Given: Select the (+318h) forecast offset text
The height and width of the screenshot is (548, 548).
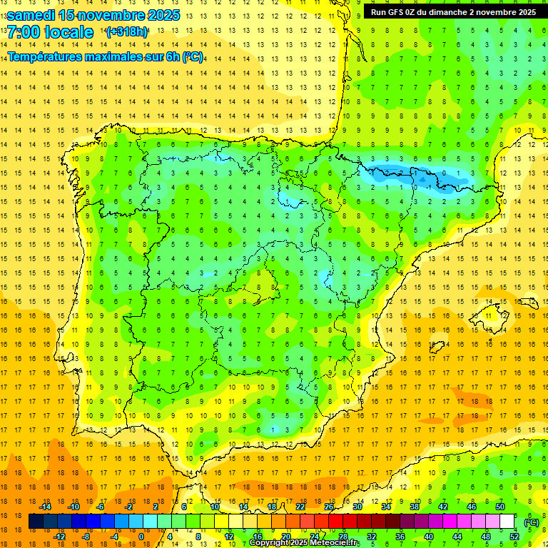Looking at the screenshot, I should pos(126,32).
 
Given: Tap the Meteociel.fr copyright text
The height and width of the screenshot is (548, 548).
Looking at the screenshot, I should pos(305,543).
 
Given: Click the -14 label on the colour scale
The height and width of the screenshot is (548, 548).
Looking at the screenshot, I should pos(46,507).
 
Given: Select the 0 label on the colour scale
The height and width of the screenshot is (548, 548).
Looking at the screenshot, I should pos(141,537).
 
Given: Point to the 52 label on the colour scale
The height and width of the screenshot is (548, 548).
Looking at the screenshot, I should pos(514,537).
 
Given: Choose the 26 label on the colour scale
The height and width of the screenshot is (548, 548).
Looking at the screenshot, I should pos(328,507).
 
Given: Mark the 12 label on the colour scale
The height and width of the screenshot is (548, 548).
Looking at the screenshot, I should pos(229,537).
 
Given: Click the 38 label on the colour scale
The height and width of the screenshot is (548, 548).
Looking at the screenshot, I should pos(414,507).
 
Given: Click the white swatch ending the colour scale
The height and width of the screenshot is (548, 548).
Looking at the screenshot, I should pos(507,522).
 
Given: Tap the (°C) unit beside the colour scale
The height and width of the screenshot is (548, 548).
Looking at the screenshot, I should pos(531,522).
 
